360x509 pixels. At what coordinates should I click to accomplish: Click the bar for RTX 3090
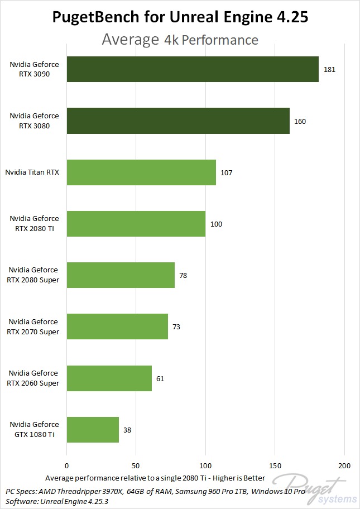[x=193, y=69]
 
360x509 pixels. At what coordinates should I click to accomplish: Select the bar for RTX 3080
[x=178, y=121]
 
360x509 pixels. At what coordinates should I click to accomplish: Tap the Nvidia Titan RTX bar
[x=141, y=172]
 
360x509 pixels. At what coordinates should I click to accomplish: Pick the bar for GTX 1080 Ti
[x=93, y=430]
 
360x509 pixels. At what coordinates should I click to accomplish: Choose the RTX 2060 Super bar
[x=109, y=378]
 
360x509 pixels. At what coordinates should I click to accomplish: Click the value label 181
[x=329, y=70]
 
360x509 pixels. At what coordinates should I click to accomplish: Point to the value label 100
[x=216, y=224]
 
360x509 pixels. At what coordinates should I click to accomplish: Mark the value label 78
[x=184, y=275]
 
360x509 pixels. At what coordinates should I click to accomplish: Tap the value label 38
[x=128, y=430]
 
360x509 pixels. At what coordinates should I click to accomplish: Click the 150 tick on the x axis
[x=275, y=465]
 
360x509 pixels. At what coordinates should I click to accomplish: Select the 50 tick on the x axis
[x=136, y=465]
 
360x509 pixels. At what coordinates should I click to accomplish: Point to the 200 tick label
[x=344, y=465]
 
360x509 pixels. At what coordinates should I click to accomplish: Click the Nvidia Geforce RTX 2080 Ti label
[x=33, y=224]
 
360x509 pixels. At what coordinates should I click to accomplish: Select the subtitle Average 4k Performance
[x=180, y=40]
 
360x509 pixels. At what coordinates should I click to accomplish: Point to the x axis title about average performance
[x=155, y=478]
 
